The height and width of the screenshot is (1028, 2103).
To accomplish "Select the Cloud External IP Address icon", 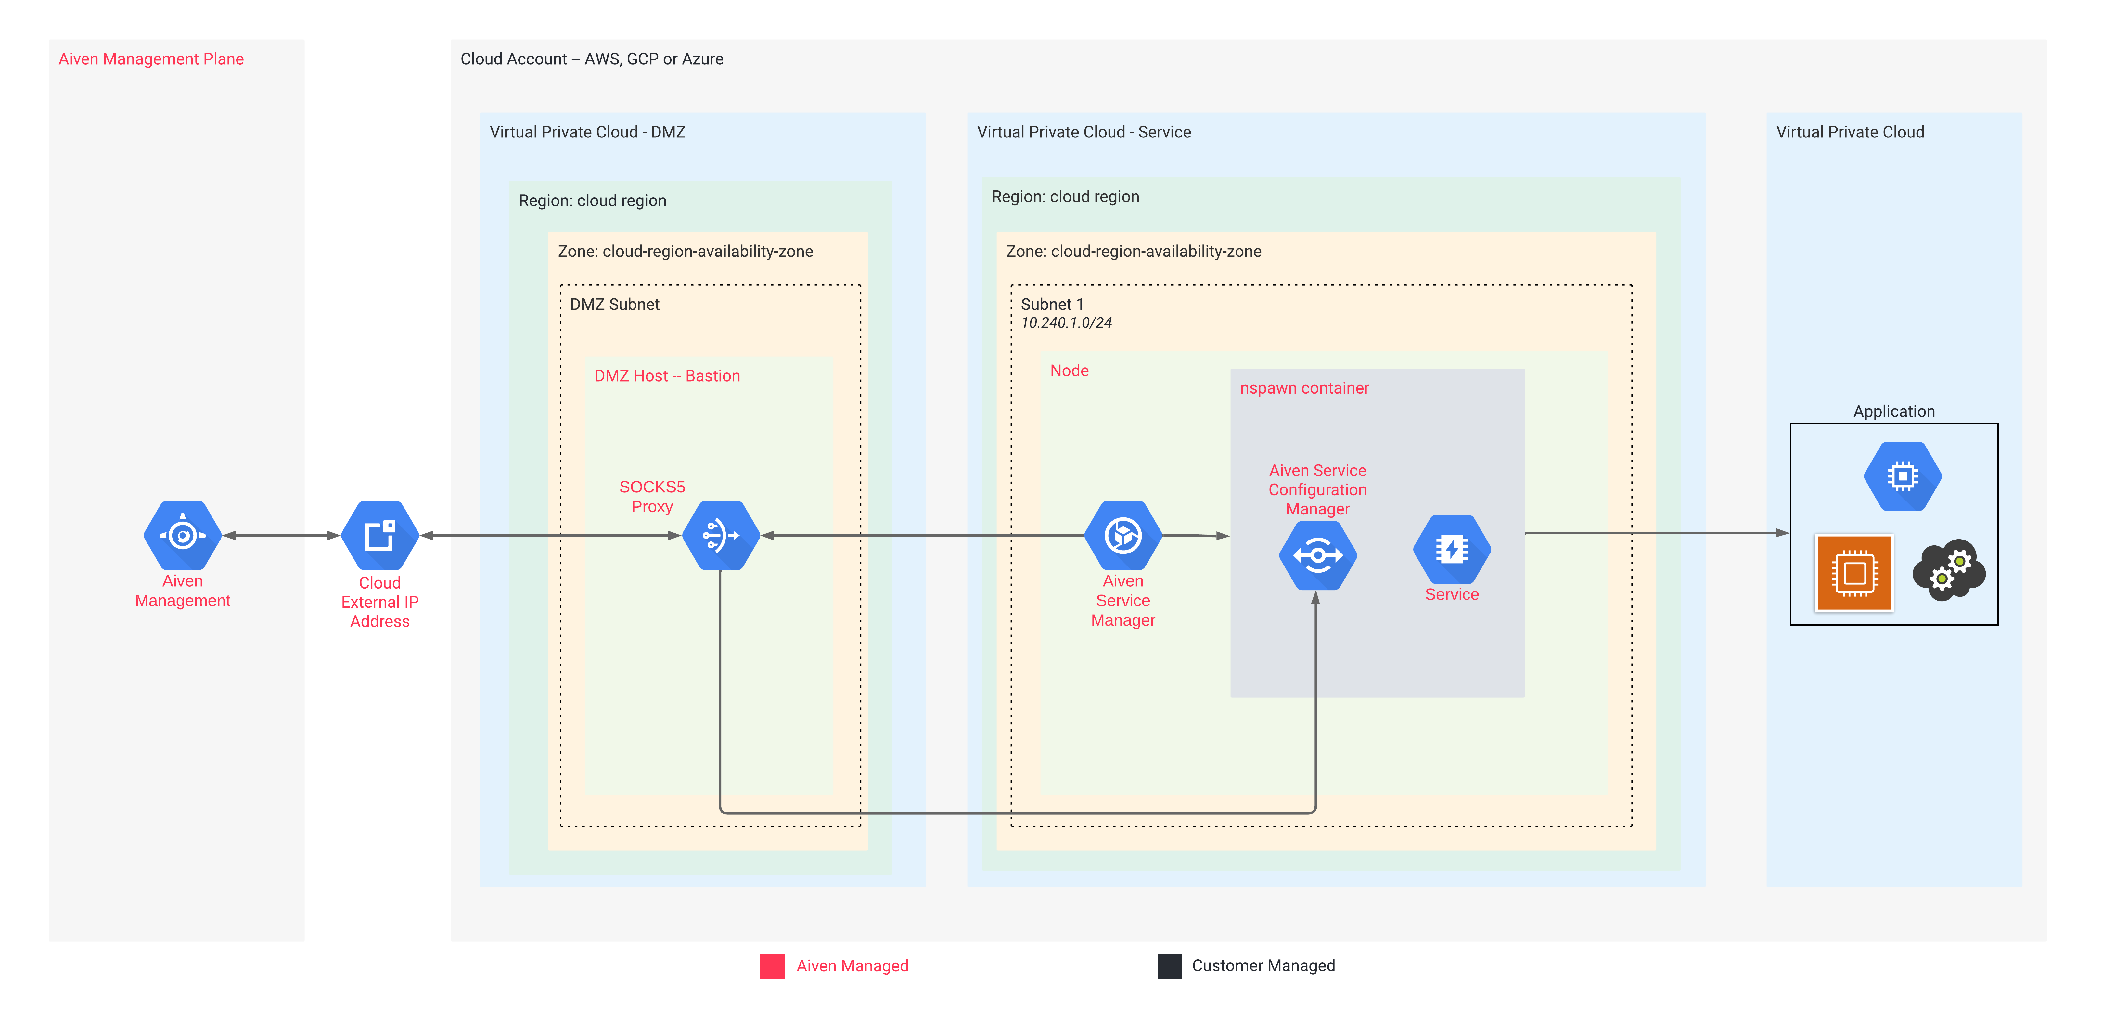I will tap(379, 536).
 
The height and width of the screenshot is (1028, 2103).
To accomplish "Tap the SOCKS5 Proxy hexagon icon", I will tap(720, 536).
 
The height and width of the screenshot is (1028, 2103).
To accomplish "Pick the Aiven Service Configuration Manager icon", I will tap(1317, 555).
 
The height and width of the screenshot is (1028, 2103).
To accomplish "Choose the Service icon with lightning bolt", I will tap(1452, 549).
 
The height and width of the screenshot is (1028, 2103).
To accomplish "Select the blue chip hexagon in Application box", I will tap(1902, 476).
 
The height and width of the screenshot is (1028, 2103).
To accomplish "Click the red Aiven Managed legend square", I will tap(772, 966).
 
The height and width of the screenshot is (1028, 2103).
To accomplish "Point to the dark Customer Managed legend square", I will tap(1169, 966).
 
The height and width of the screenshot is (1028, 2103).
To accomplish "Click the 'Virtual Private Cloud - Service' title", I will tap(1083, 132).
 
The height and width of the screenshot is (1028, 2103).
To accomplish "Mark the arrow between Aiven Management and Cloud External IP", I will tap(281, 536).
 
